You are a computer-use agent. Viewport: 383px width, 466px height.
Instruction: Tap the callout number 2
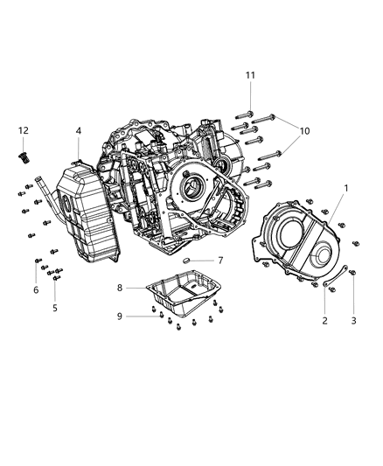[x=324, y=322]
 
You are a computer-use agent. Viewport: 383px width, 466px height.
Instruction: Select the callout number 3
[x=352, y=322]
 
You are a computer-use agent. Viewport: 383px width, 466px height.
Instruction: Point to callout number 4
[x=78, y=131]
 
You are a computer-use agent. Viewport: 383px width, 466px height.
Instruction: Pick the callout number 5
[x=54, y=308]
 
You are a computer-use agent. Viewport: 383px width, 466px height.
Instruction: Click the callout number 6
[x=36, y=290]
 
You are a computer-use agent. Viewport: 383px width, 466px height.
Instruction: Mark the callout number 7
[x=220, y=261]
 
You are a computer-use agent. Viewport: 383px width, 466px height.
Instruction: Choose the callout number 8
[x=120, y=287]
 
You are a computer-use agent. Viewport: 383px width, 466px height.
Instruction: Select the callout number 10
[x=304, y=131]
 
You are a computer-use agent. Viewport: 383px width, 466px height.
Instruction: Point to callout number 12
[x=23, y=131]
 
